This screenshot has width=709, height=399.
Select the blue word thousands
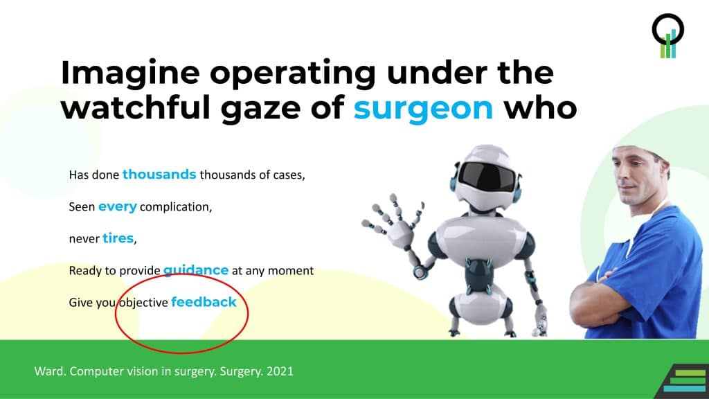pyautogui.click(x=159, y=175)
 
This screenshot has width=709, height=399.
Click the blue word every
pyautogui.click(x=118, y=206)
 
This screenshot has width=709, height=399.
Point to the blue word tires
pyautogui.click(x=118, y=239)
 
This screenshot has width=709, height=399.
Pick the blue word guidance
pyautogui.click(x=196, y=270)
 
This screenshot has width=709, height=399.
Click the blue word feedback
pyautogui.click(x=204, y=302)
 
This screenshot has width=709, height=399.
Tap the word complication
pyautogui.click(x=176, y=207)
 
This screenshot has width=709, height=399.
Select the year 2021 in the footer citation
pyautogui.click(x=279, y=371)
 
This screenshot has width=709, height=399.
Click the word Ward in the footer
pyautogui.click(x=48, y=371)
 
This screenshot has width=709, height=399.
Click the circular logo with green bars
pyautogui.click(x=668, y=35)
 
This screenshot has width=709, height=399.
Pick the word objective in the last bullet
pyautogui.click(x=143, y=303)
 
